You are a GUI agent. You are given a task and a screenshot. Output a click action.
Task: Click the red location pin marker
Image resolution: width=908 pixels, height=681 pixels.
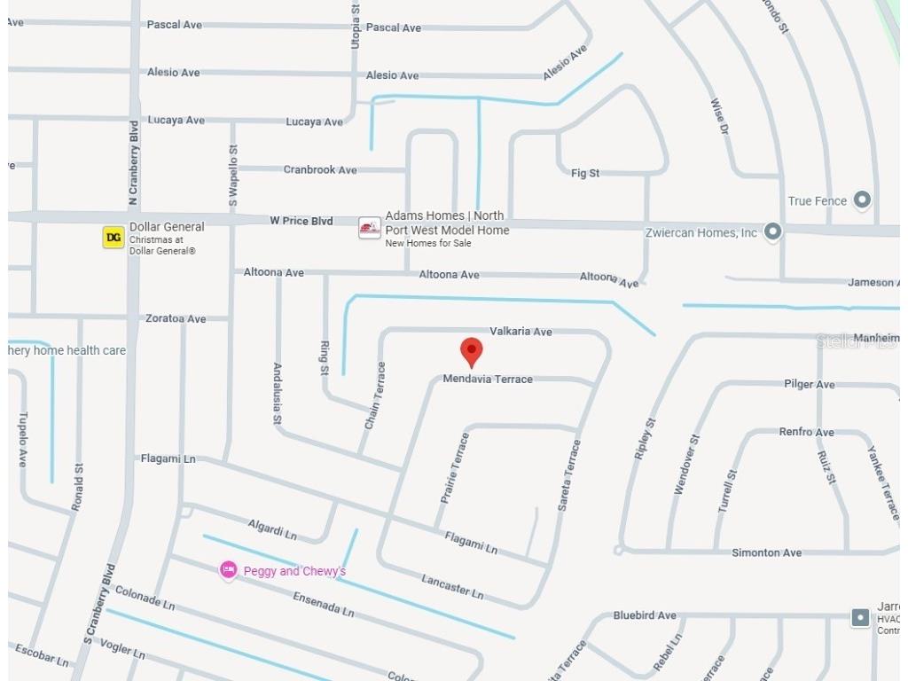click(x=472, y=351)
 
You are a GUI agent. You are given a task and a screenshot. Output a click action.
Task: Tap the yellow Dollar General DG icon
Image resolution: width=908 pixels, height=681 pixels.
click(x=113, y=237)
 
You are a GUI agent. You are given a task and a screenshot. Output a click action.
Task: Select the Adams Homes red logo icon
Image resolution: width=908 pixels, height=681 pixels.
click(x=370, y=229)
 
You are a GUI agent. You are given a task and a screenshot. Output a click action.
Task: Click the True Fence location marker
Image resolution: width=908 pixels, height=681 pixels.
click(x=861, y=200)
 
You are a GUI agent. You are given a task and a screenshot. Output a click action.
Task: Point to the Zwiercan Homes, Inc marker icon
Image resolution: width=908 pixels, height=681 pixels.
click(x=773, y=232)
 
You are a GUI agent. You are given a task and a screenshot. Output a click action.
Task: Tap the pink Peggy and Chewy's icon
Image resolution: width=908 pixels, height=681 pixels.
click(x=229, y=569)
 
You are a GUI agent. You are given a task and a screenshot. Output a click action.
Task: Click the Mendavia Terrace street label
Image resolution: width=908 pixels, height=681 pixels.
click(x=488, y=379)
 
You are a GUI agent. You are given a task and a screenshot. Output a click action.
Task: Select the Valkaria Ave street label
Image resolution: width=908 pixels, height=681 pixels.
click(x=521, y=331)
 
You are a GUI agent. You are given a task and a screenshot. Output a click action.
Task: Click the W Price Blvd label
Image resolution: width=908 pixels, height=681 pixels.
click(x=301, y=220)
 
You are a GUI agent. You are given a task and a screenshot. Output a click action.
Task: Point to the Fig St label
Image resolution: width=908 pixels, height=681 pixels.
click(x=585, y=173)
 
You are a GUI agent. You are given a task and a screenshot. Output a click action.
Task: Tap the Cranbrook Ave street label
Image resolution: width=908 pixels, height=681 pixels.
click(x=320, y=169)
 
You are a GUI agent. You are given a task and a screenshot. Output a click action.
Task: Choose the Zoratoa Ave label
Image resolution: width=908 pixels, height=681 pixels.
click(x=176, y=318)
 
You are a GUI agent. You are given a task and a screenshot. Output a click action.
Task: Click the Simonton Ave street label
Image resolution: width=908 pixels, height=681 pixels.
click(x=766, y=552)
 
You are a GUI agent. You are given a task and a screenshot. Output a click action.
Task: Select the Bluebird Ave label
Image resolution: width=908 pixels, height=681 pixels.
click(x=645, y=615)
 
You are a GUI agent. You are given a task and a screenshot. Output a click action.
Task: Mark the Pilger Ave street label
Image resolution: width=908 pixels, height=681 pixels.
click(x=809, y=384)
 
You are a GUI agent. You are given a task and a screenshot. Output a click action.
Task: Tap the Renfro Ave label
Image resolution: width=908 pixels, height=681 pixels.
click(x=806, y=432)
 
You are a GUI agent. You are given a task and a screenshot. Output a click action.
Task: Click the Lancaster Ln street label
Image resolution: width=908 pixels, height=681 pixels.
click(x=452, y=585)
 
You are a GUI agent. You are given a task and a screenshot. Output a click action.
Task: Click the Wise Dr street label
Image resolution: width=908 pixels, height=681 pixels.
click(x=719, y=116)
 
